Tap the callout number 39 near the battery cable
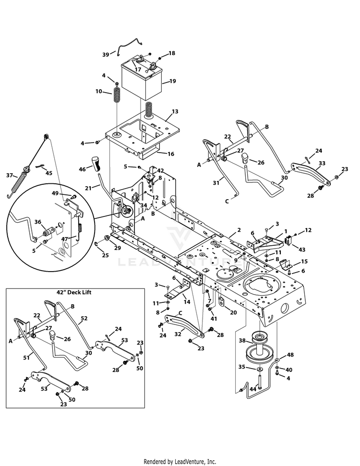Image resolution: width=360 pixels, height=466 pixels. (x=106, y=55)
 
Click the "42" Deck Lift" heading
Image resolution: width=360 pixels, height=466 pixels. (x=74, y=292)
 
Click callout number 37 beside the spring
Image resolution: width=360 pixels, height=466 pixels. (x=10, y=175)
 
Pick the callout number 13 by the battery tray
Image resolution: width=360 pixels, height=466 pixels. (x=175, y=111)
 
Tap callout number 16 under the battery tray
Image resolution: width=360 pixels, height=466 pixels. (x=171, y=154)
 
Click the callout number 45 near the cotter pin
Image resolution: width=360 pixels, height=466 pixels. (x=48, y=173)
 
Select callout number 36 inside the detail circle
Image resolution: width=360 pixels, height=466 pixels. (x=38, y=222)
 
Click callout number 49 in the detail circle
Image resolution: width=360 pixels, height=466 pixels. (x=55, y=193)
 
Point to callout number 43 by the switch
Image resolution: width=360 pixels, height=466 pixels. (x=302, y=250)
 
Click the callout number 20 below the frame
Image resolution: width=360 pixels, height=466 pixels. (x=233, y=312)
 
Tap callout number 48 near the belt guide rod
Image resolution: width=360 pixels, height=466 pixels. (x=290, y=355)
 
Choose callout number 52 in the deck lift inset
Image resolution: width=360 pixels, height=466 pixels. (x=84, y=318)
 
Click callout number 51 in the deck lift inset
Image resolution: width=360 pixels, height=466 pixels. (x=26, y=358)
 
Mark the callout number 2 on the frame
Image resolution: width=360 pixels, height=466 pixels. (x=239, y=230)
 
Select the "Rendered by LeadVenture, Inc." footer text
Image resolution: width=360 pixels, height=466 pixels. (x=180, y=462)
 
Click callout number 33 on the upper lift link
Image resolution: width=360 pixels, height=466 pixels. (x=322, y=163)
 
